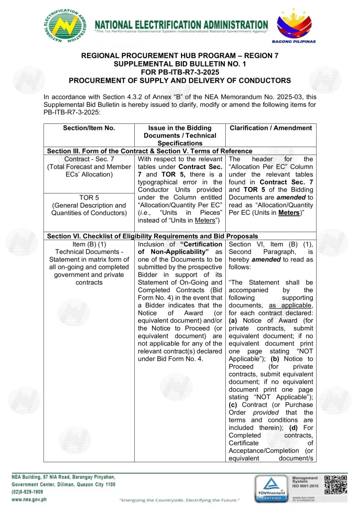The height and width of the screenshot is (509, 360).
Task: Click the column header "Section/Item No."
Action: tap(89, 128)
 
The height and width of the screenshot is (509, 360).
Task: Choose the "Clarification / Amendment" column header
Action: tap(270, 128)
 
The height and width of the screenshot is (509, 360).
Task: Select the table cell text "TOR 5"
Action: tap(89, 197)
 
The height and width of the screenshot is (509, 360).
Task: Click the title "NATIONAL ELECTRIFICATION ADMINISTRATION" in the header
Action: tap(181, 24)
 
